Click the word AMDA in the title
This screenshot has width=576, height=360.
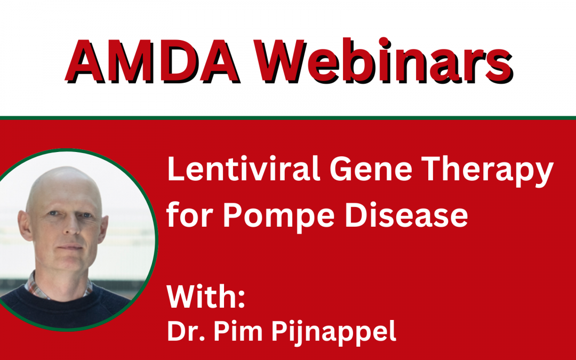tap(153, 61)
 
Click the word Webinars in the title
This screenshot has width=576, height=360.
tap(383, 61)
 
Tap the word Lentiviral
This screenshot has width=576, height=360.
tap(244, 169)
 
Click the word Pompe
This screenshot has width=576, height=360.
tap(278, 216)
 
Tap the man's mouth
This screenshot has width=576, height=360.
tap(70, 247)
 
